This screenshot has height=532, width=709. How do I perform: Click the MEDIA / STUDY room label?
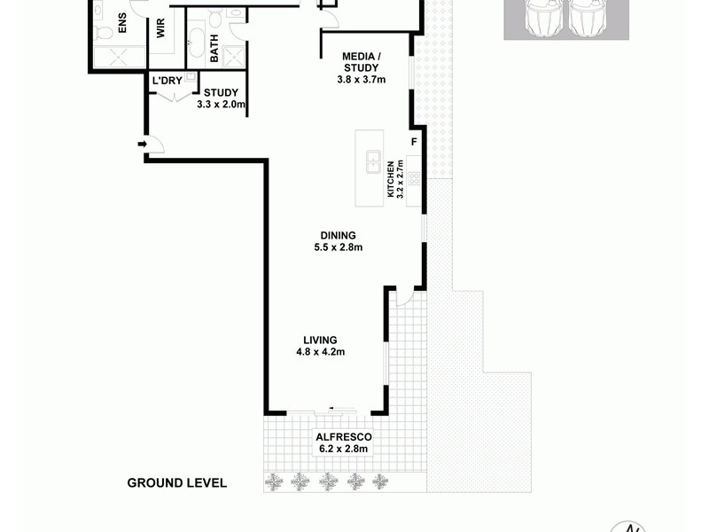361,62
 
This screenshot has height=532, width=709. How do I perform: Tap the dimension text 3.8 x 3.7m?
362,80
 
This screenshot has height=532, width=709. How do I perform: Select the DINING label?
339,235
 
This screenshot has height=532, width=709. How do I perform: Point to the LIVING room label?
320,340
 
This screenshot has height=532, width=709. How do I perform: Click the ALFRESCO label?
342,437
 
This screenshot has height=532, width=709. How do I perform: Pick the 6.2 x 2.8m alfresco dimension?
342,450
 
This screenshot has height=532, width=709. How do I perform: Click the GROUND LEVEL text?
177,483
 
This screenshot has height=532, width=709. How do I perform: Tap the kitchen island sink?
373,162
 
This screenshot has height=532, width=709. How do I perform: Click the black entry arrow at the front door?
142,143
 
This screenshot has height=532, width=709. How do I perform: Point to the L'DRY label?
166,82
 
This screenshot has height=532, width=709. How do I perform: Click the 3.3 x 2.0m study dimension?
221,104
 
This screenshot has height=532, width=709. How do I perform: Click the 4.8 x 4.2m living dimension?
320,352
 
